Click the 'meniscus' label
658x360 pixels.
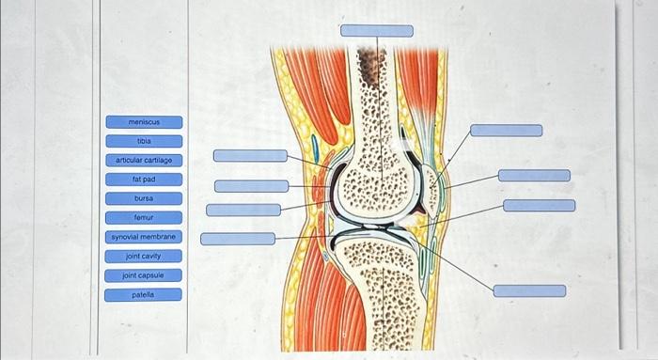tap(144, 122)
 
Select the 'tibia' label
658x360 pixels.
tap(144, 141)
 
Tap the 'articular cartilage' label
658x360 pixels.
tap(144, 161)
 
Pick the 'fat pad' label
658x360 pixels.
tap(144, 179)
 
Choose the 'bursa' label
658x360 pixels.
tap(144, 198)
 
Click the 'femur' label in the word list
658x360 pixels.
tap(144, 217)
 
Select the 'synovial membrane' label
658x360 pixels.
tap(144, 237)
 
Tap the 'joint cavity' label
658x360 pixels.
tap(144, 256)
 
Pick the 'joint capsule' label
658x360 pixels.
tap(144, 275)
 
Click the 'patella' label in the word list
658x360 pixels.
tap(144, 294)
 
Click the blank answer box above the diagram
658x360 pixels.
tap(376, 31)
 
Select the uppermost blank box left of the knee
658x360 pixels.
tap(250, 155)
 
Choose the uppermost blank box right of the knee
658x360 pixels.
tap(506, 131)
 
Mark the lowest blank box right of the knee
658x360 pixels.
tap(529, 291)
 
